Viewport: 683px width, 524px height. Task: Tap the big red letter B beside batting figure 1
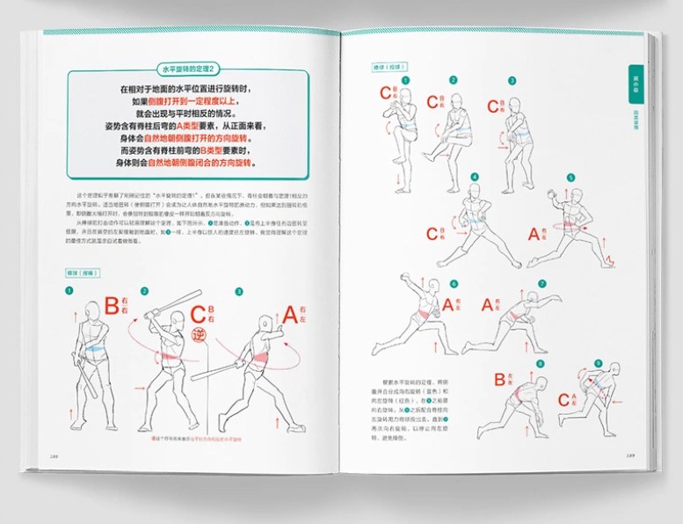pyautogui.click(x=112, y=306)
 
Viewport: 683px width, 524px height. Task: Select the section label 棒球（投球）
pyautogui.click(x=389, y=67)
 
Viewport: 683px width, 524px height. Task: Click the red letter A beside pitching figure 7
pyautogui.click(x=494, y=305)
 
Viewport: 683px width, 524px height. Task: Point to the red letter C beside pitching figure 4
pyautogui.click(x=432, y=234)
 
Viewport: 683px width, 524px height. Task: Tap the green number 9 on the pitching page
pyautogui.click(x=599, y=362)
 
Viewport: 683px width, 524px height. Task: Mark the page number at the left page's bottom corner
pyautogui.click(x=55, y=455)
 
